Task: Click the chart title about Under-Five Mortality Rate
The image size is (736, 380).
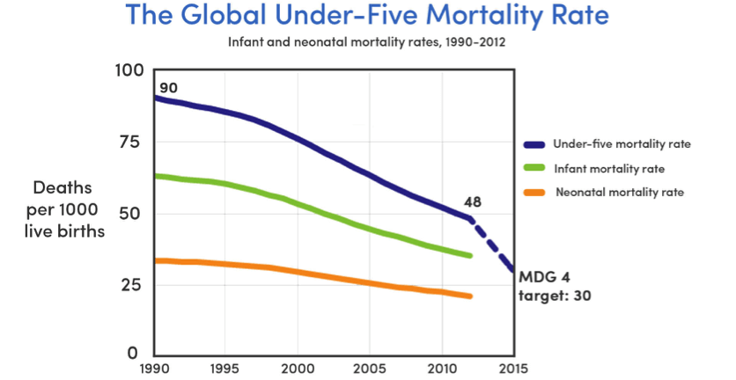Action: click(x=367, y=15)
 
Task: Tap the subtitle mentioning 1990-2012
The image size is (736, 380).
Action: click(x=367, y=41)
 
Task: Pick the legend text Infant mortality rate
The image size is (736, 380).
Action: click(x=608, y=167)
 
